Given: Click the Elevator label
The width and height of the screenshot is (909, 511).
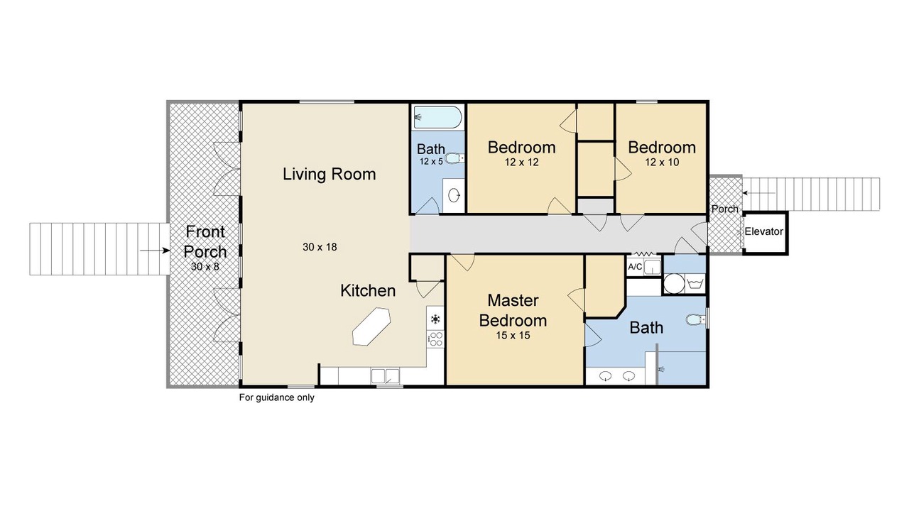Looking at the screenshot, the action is click(x=763, y=231).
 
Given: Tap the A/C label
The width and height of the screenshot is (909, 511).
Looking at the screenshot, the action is click(x=635, y=267).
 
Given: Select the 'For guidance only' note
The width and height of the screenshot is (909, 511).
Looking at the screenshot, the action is click(x=277, y=397).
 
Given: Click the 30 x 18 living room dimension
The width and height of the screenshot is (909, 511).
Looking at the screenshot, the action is click(x=320, y=247).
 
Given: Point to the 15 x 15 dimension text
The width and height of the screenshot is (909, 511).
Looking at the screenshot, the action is click(x=513, y=336).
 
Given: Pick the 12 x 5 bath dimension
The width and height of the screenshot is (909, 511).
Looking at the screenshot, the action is click(x=431, y=161).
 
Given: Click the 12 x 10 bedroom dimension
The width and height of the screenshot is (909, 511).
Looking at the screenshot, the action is click(x=662, y=163).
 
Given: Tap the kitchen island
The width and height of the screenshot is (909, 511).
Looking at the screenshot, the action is click(x=371, y=326).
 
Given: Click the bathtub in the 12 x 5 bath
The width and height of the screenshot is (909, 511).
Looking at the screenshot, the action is click(x=437, y=117).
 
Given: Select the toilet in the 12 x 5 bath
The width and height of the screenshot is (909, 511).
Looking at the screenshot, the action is click(x=454, y=158).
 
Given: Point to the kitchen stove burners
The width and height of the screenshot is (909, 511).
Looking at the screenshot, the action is click(x=436, y=339).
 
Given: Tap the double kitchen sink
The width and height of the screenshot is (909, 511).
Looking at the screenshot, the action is click(x=385, y=376).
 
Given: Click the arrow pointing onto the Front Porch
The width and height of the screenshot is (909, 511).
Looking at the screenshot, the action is click(x=155, y=251).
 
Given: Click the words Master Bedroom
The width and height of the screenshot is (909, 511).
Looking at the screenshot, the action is click(x=513, y=310).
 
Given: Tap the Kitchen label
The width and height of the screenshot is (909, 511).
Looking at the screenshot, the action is click(x=368, y=291).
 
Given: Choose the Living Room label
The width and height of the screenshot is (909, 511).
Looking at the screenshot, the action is click(x=329, y=175).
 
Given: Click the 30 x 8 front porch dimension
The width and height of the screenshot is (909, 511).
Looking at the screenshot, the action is click(x=205, y=266).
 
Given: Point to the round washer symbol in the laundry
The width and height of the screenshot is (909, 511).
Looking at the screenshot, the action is click(x=674, y=283).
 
